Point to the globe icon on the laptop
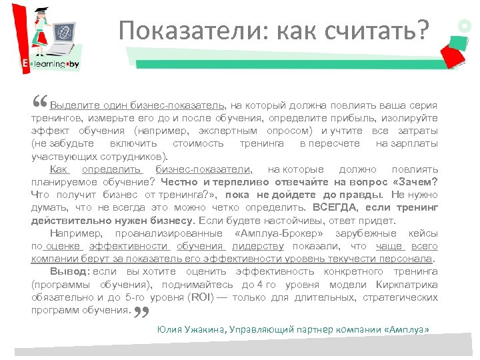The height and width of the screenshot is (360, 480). pyautogui.click(x=64, y=31)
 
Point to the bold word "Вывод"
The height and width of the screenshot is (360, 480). pyautogui.click(x=69, y=271)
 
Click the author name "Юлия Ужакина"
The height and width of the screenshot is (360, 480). pyautogui.click(x=189, y=329)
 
